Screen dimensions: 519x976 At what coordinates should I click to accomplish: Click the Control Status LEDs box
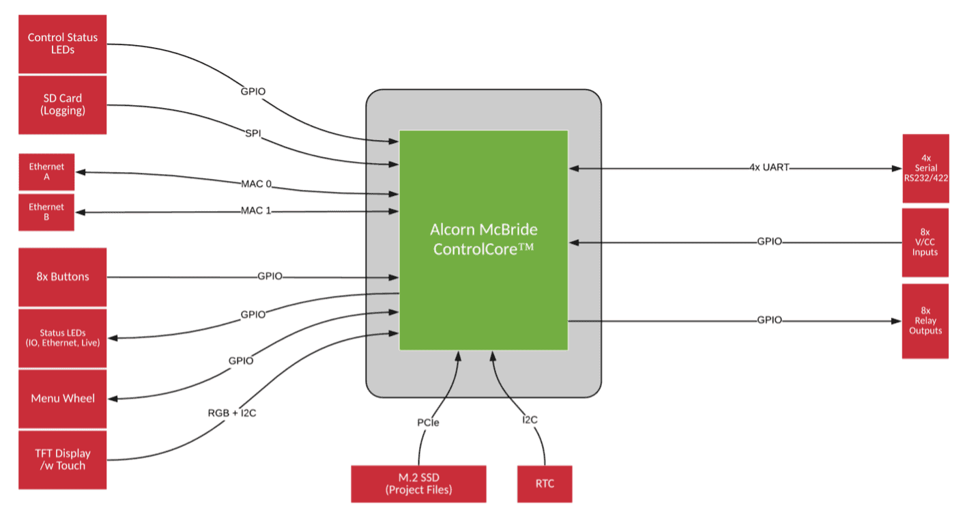click(62, 44)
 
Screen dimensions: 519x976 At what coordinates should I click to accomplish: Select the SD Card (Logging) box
click(62, 104)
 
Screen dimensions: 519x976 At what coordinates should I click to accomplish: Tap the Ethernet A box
click(46, 172)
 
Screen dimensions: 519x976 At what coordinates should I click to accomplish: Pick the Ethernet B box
click(46, 212)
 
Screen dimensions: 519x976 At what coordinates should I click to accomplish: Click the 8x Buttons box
click(62, 277)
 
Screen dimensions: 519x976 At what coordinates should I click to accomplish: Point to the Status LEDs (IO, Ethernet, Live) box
click(62, 338)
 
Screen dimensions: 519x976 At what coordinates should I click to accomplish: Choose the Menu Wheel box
click(62, 399)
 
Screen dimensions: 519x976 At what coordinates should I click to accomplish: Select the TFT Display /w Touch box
click(62, 460)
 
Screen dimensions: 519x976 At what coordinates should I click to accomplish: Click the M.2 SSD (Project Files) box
click(418, 483)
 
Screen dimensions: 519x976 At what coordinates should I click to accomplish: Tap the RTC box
click(545, 483)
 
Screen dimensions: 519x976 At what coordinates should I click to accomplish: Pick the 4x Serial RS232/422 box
click(925, 168)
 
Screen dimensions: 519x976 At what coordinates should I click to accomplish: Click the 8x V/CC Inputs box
click(925, 242)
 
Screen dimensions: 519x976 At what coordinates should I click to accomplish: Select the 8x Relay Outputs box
click(925, 321)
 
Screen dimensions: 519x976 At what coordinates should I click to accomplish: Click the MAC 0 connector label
click(256, 184)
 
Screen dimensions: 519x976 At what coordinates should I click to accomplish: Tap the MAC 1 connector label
click(256, 210)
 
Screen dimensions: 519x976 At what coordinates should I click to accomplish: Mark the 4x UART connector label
click(769, 167)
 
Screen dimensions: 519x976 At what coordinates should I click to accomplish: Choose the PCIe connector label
click(428, 423)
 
